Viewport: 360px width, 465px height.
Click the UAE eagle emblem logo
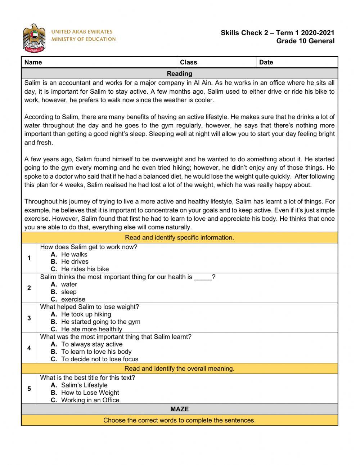[34, 38]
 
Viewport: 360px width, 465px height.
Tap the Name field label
[33, 62]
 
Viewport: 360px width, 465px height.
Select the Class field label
[188, 62]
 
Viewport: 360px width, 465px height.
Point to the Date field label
[266, 62]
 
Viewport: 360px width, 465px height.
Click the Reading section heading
[179, 73]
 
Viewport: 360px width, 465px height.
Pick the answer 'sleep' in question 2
[68, 292]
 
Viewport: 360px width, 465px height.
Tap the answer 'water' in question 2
[69, 284]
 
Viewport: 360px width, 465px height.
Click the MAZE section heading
[179, 409]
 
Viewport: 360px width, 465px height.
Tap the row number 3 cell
[29, 318]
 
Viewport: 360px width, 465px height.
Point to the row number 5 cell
[29, 389]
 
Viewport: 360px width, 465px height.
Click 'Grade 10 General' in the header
[305, 41]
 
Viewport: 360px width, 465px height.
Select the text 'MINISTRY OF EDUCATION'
[84, 39]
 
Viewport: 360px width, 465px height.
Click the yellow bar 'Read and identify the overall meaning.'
[179, 368]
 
